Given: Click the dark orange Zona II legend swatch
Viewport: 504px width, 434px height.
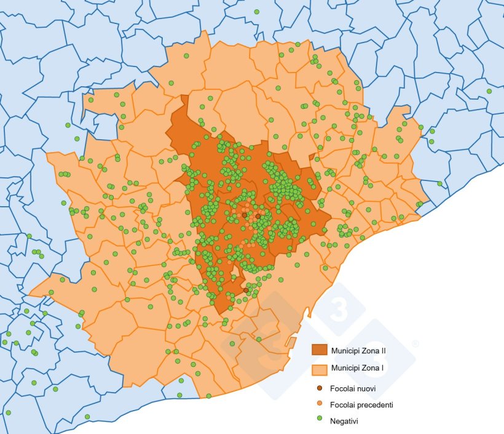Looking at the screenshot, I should coord(320,350).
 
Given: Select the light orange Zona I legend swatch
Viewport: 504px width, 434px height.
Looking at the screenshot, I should coord(320,369).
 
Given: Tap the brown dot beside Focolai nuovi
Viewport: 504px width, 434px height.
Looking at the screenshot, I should coord(319,388).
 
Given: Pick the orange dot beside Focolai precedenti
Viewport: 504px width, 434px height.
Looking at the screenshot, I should coord(319,405).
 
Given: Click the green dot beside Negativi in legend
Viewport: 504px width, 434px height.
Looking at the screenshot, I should coord(319,421).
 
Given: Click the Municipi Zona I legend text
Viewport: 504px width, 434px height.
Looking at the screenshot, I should coord(356,368).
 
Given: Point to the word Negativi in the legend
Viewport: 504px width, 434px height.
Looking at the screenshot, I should coord(344,421).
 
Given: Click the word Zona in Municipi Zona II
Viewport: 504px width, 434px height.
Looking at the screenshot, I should coord(369,349).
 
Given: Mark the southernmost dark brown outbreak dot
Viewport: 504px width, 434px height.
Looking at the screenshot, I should coord(246,290).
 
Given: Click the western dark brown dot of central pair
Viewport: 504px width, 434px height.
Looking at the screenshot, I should coord(244,215).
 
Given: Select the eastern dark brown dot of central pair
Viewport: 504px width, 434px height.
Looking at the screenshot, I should coord(258,217).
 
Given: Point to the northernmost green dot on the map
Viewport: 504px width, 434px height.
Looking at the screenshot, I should coord(256,12).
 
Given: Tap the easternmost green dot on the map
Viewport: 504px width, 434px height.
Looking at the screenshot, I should coord(489,91).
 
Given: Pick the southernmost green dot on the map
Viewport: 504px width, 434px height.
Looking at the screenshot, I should coord(87,417).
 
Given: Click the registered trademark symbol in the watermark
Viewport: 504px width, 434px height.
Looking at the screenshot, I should coord(415,344).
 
